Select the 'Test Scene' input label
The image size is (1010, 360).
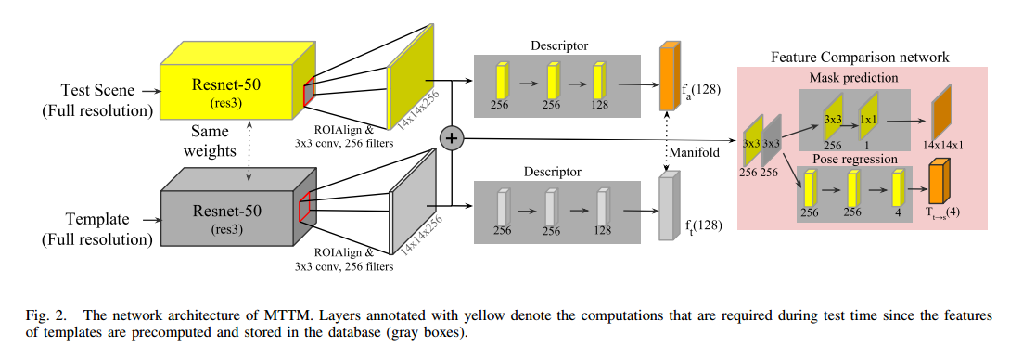tap(96, 92)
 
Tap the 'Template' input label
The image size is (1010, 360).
tap(96, 220)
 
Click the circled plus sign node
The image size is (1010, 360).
tap(451, 138)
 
